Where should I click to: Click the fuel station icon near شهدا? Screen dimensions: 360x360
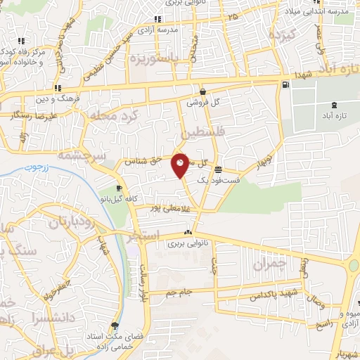click(x=285, y=85)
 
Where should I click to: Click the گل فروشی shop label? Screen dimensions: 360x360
click(x=203, y=103)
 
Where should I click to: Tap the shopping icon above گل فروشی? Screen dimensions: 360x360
click(x=203, y=91)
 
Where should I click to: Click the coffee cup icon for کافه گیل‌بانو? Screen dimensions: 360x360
click(x=119, y=188)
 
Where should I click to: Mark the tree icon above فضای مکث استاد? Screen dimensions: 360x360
click(x=115, y=326)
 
